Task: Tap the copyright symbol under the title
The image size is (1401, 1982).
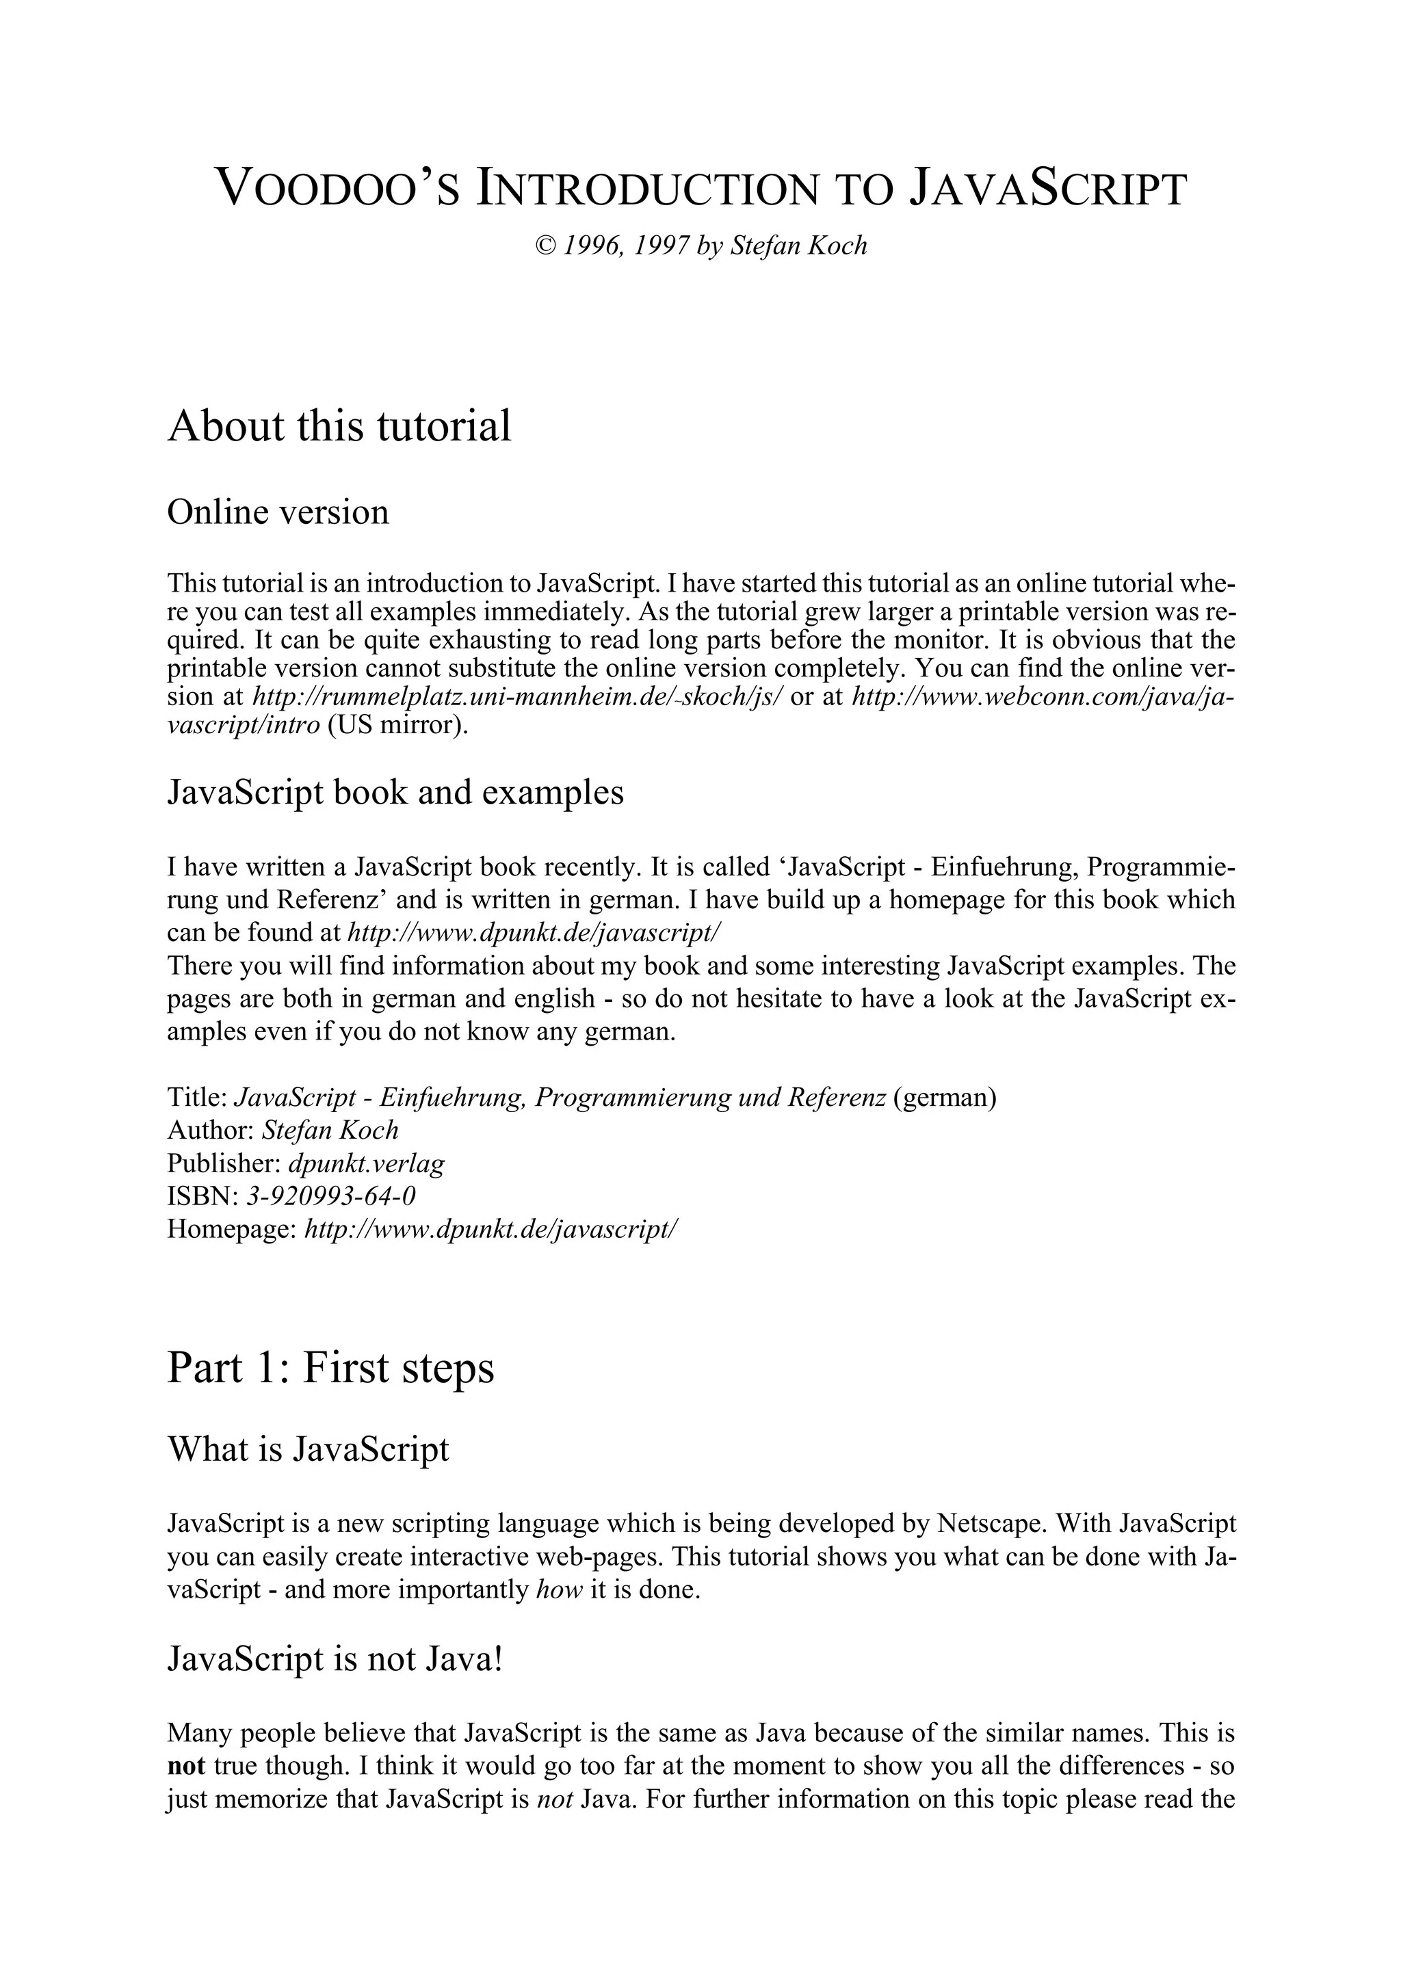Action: click(x=545, y=247)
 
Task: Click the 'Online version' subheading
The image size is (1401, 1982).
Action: click(x=278, y=512)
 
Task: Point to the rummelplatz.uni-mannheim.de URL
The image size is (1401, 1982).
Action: click(x=516, y=697)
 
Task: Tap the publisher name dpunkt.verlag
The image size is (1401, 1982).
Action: click(x=367, y=1163)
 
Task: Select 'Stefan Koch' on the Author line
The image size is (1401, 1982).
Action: click(x=330, y=1130)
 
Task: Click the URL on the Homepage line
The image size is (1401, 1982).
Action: click(x=492, y=1228)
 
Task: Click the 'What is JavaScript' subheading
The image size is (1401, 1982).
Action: click(x=308, y=1449)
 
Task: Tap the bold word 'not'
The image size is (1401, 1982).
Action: click(x=185, y=1765)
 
